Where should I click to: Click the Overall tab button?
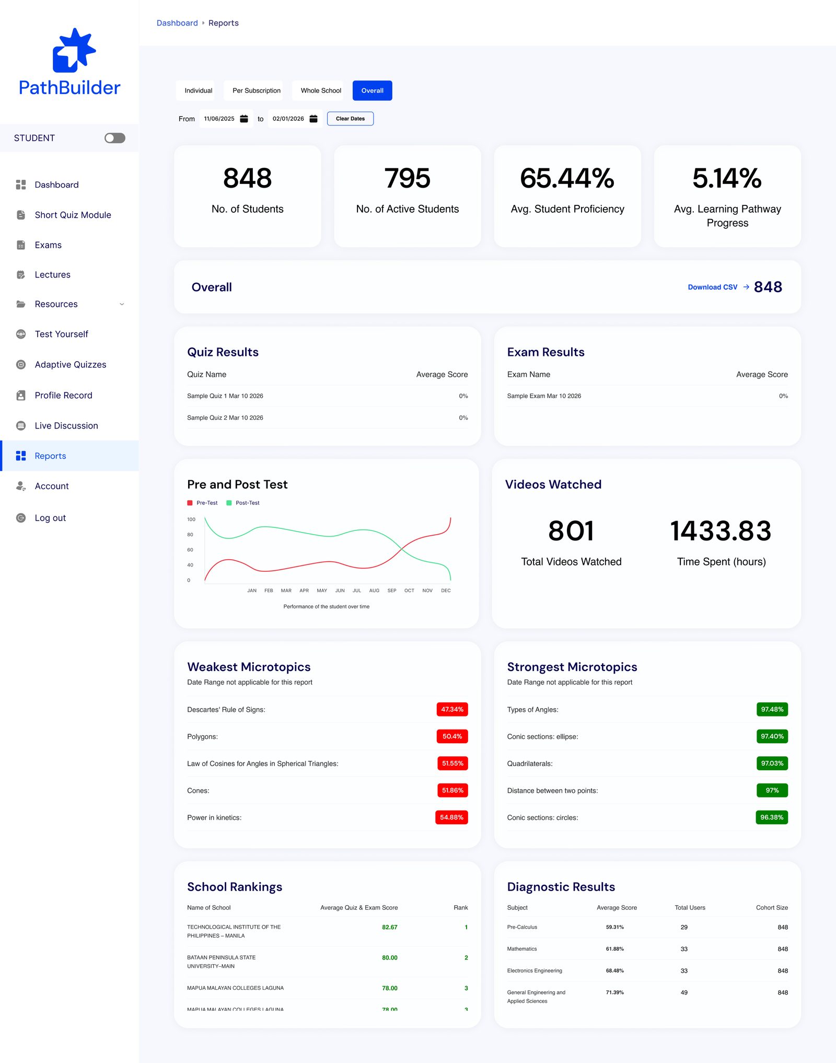372,90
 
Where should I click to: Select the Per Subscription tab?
256,90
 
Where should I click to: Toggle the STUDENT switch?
115,138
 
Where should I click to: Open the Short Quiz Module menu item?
73,215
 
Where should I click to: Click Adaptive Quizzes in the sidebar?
70,365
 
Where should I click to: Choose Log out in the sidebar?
50,518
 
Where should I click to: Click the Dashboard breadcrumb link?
177,23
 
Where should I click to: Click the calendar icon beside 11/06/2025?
244,119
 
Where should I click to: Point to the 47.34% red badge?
452,709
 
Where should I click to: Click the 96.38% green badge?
772,817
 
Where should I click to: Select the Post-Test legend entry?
243,503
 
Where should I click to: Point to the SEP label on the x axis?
392,591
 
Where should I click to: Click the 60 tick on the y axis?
190,550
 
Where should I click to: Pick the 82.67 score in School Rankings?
390,927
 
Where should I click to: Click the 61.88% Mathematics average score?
615,949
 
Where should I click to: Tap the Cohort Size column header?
772,908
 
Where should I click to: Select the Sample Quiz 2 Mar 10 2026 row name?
225,418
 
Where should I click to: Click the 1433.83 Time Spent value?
721,531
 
